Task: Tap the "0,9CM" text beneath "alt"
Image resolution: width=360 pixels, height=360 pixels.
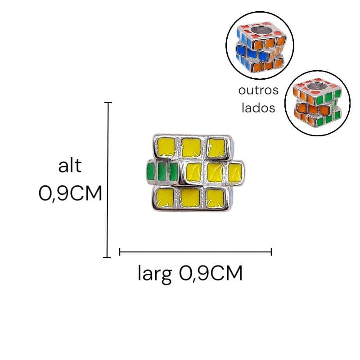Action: click(70, 193)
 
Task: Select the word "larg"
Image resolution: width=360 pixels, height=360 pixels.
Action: click(154, 274)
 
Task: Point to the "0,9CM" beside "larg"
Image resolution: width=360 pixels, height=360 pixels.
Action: click(211, 273)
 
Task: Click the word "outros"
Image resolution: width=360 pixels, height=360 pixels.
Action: click(258, 90)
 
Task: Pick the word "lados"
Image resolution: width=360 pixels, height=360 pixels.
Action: click(258, 108)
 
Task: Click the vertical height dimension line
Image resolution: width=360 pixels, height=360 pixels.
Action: click(108, 180)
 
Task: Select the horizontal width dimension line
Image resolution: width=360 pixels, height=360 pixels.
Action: click(196, 252)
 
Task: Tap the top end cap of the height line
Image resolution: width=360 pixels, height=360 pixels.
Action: click(108, 103)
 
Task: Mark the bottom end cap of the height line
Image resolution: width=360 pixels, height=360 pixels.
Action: click(107, 257)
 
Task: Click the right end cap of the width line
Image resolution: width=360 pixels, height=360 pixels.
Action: click(271, 252)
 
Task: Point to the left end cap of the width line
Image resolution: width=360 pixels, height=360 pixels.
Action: click(120, 252)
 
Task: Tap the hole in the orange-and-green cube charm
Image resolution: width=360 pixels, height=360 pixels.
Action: click(316, 86)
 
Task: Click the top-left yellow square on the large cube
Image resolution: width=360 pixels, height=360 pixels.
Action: click(166, 147)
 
